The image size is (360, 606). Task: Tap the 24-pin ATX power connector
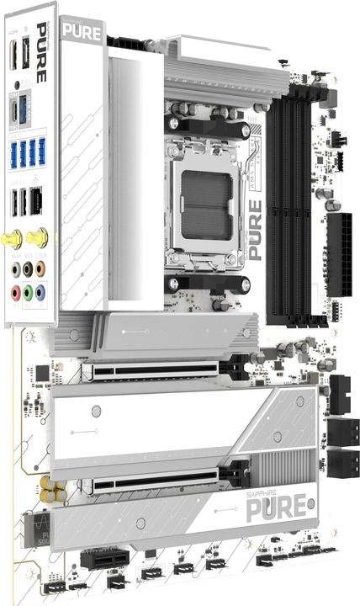click(x=341, y=254)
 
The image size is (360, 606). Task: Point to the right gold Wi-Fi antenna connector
click(x=36, y=239)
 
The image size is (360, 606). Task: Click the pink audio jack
click(x=15, y=293)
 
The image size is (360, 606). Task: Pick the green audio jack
click(x=28, y=293)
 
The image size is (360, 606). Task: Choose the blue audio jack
click(x=40, y=293)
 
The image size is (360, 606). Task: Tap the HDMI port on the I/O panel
click(x=15, y=110)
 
